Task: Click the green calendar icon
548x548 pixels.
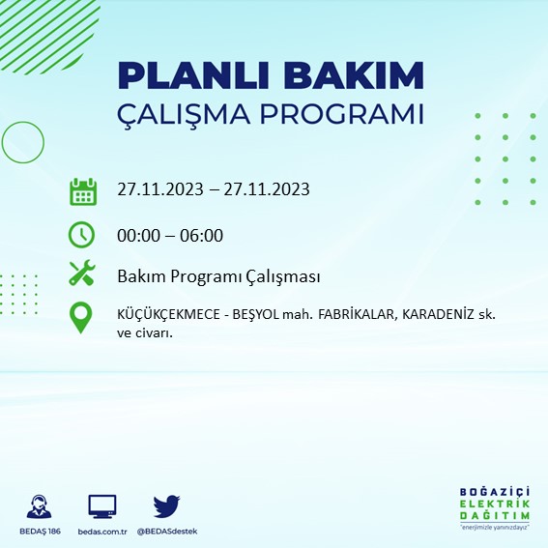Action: pyautogui.click(x=83, y=190)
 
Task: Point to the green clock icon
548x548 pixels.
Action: pyautogui.click(x=82, y=234)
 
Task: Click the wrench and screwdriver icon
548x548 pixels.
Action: pyautogui.click(x=82, y=274)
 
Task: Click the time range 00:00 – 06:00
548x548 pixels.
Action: pyautogui.click(x=170, y=235)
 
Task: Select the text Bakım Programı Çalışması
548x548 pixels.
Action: pyautogui.click(x=218, y=276)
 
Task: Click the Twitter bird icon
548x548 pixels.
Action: pyautogui.click(x=166, y=505)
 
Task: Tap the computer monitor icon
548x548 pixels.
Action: pyautogui.click(x=101, y=505)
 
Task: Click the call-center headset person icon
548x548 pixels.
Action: pyautogui.click(x=40, y=506)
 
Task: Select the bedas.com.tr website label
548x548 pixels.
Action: pyautogui.click(x=101, y=532)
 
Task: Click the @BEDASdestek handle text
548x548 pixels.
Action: pyautogui.click(x=166, y=532)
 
